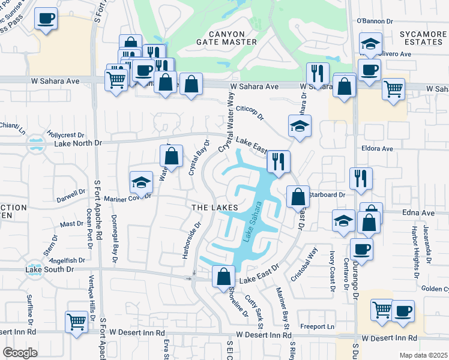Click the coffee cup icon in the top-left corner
(46, 18)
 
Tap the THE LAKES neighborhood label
(211, 207)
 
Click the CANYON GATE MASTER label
(226, 37)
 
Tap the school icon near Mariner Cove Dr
(141, 182)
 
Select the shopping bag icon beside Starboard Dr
(298, 196)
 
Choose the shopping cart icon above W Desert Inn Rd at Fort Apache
(76, 322)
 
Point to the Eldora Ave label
(376, 148)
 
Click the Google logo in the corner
(20, 353)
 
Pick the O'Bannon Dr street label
(374, 21)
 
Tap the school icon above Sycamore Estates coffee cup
(370, 43)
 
